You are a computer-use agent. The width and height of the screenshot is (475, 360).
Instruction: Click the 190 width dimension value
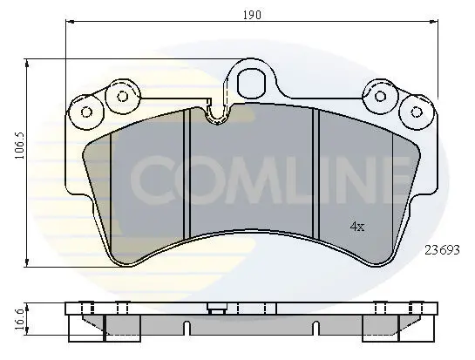[x=252, y=15]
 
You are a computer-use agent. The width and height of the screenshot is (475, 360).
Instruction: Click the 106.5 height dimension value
[x=20, y=146]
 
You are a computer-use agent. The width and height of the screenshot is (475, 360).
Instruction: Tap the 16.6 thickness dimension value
[x=19, y=320]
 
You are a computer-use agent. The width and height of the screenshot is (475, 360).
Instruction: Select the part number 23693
[x=442, y=250]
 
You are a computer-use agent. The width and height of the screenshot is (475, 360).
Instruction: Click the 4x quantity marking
[x=357, y=226]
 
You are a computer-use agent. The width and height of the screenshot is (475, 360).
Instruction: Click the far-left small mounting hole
[x=87, y=112]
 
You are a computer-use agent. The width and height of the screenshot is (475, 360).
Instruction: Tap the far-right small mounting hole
[x=417, y=112]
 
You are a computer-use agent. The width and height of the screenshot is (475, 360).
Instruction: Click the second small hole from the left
[x=123, y=97]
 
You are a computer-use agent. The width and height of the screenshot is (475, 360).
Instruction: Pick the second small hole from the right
[x=380, y=97]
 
